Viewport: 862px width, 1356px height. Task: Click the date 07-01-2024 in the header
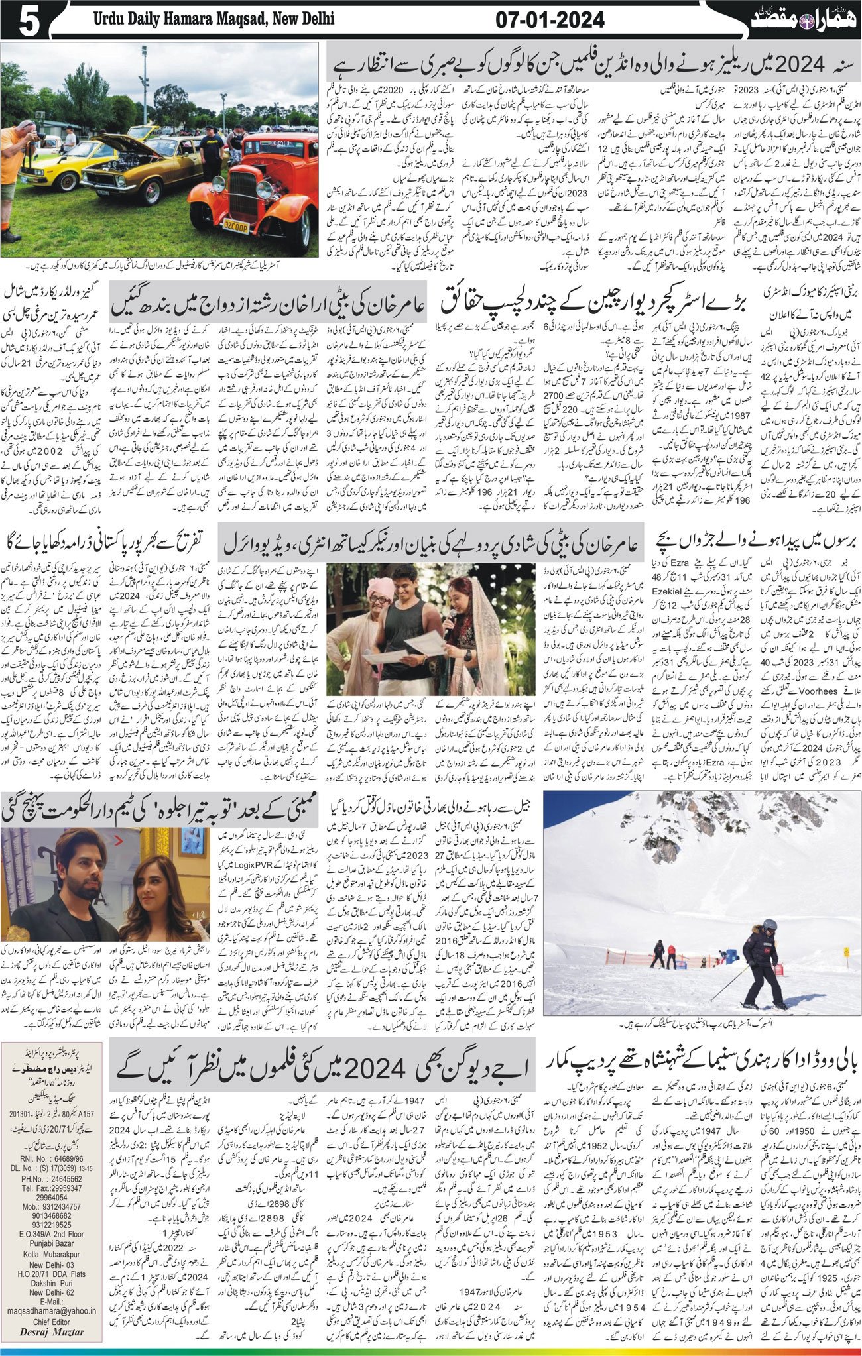tap(550, 20)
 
